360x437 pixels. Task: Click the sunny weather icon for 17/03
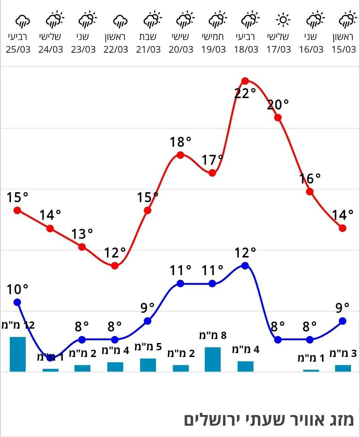tap(283, 20)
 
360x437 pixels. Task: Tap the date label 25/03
tap(18, 50)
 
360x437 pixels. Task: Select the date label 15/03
tap(344, 50)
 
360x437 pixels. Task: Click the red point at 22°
tap(245, 81)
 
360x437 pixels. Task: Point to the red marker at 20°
tap(278, 117)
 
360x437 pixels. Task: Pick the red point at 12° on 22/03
tap(115, 266)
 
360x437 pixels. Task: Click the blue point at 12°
tap(245, 266)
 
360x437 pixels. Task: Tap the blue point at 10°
tap(17, 302)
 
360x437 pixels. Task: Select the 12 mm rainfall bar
tap(18, 354)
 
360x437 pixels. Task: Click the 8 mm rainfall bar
tap(213, 359)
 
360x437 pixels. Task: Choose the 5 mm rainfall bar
tap(148, 365)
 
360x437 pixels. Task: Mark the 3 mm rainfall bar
tap(343, 368)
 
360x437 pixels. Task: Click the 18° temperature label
tap(180, 142)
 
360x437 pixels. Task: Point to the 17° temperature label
tap(212, 160)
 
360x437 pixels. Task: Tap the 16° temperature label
tap(310, 179)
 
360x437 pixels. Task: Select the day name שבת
tap(148, 37)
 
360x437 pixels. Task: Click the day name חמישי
tap(213, 37)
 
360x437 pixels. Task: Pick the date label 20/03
tap(181, 50)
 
